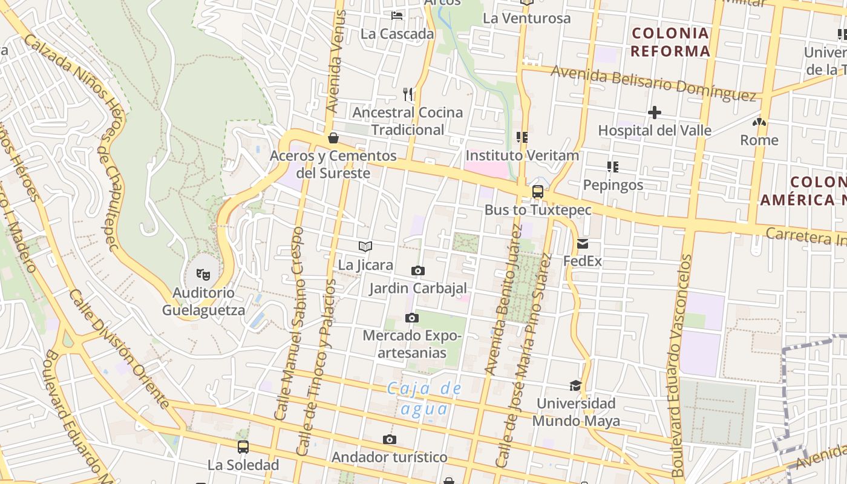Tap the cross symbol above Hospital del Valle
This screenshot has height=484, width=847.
pyautogui.click(x=654, y=113)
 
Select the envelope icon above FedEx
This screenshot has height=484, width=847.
pyautogui.click(x=583, y=244)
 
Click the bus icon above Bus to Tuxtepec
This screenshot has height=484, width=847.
pyautogui.click(x=537, y=192)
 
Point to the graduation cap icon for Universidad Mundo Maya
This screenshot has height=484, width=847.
pyautogui.click(x=575, y=385)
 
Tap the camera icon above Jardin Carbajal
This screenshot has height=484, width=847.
pyautogui.click(x=417, y=270)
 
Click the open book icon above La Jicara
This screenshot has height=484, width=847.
pyautogui.click(x=365, y=246)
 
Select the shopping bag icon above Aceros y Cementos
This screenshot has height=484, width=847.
pyautogui.click(x=333, y=138)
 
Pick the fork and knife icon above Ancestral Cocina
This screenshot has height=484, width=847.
pyautogui.click(x=408, y=94)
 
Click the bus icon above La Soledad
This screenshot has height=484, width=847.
pyautogui.click(x=243, y=447)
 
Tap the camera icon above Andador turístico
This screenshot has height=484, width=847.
pyautogui.click(x=390, y=439)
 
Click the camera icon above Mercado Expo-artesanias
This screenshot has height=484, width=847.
pyautogui.click(x=411, y=318)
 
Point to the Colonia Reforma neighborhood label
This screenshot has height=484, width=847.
pyautogui.click(x=670, y=42)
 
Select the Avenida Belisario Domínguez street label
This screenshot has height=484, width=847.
pyautogui.click(x=653, y=82)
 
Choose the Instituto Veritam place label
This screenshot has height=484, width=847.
pyautogui.click(x=522, y=155)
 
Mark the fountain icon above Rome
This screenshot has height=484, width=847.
pyautogui.click(x=759, y=122)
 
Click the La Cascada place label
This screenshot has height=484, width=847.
pyautogui.click(x=397, y=34)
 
